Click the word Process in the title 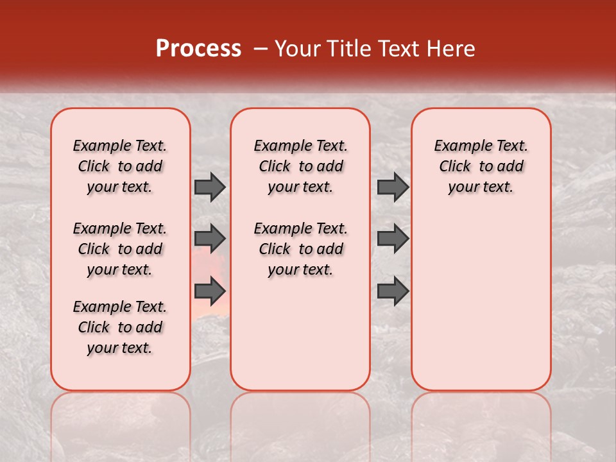(x=198, y=48)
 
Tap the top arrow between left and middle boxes (x=210, y=187)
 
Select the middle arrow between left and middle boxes (x=210, y=239)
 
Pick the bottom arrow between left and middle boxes (x=210, y=291)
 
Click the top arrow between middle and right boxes (x=393, y=187)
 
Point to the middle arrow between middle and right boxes (x=393, y=239)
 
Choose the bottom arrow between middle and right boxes (x=393, y=291)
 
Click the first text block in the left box (x=120, y=166)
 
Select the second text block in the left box (x=120, y=249)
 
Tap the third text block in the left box (x=120, y=327)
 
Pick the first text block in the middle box (x=300, y=166)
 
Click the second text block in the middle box (x=300, y=249)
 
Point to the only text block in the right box (x=481, y=166)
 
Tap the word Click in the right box (x=455, y=167)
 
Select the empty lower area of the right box (x=481, y=295)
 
